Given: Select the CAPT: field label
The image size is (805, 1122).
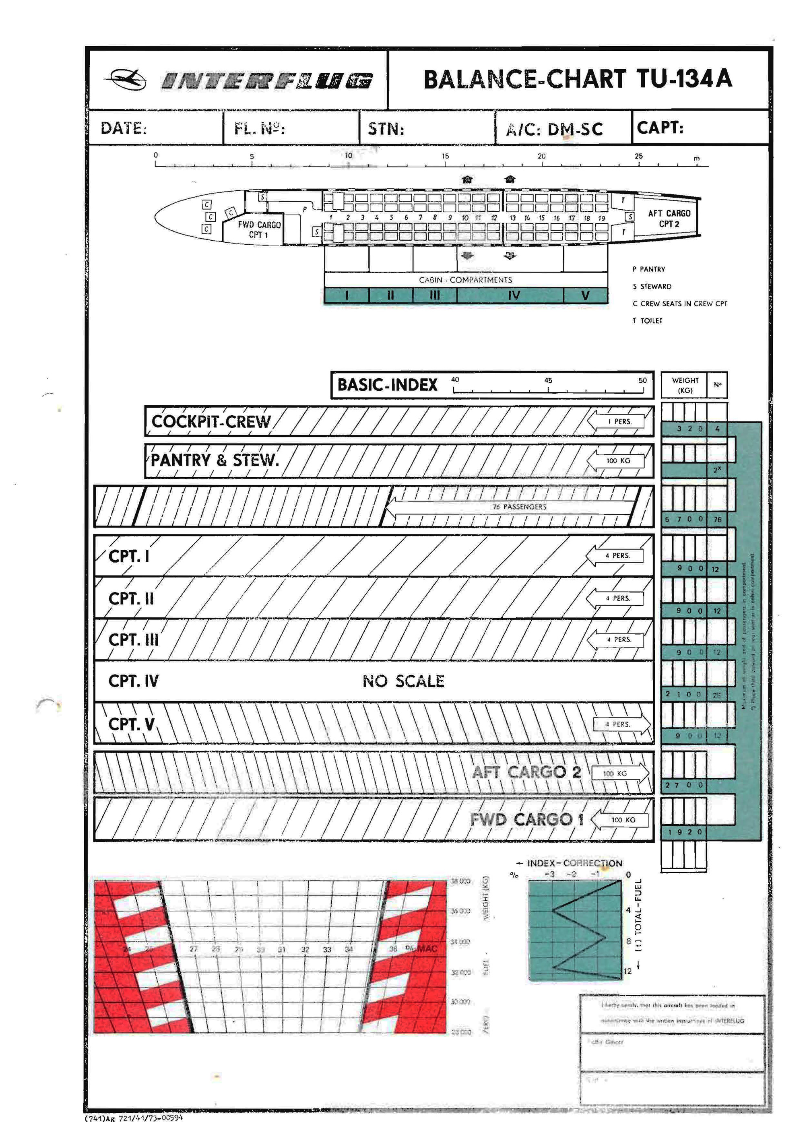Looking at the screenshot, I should [x=660, y=128].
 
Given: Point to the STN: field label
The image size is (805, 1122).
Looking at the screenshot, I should [x=386, y=129].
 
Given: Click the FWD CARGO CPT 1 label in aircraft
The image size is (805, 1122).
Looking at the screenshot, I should [x=259, y=229].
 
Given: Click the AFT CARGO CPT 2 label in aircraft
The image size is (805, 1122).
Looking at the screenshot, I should [x=669, y=218].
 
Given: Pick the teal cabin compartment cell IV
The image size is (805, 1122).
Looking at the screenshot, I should [x=514, y=295].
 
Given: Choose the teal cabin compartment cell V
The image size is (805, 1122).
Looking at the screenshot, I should [x=585, y=295].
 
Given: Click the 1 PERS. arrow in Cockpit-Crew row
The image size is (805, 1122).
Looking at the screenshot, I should [x=619, y=421].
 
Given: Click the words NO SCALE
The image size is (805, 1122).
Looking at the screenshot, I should [x=403, y=681].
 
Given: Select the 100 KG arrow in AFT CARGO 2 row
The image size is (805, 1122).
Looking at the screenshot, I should [x=619, y=773].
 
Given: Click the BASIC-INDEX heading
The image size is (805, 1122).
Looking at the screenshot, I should [x=388, y=385].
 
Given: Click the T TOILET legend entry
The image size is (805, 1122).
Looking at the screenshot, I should [x=647, y=321].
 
